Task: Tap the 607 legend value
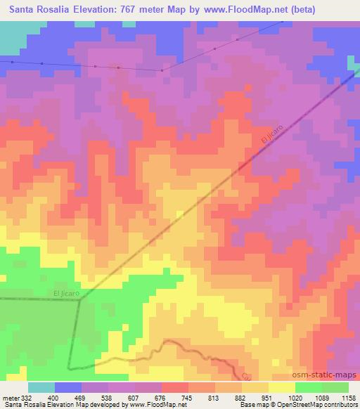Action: [x=133, y=397]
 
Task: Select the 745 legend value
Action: [x=187, y=397]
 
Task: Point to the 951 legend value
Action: [x=268, y=397]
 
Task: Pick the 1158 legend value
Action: [x=349, y=397]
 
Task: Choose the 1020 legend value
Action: [x=295, y=397]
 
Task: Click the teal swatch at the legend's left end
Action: [x=41, y=387]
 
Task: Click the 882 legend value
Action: [x=241, y=397]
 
